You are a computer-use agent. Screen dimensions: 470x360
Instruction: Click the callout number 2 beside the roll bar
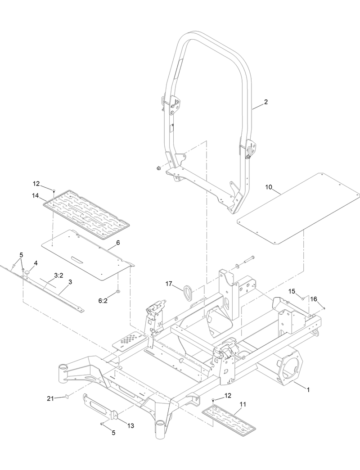[265, 102]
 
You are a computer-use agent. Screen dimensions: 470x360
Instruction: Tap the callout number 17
[169, 284]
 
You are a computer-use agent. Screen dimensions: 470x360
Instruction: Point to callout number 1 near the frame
[308, 389]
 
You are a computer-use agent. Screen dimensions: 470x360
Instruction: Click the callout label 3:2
[58, 275]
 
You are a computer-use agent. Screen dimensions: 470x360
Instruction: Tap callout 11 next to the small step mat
[242, 404]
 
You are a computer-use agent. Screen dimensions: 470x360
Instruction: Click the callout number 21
[51, 398]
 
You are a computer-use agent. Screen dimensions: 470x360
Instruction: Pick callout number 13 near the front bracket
[131, 425]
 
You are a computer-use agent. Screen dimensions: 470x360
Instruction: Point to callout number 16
[314, 299]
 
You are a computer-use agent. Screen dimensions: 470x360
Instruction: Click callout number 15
[292, 291]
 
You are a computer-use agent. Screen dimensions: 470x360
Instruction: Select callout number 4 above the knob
[36, 262]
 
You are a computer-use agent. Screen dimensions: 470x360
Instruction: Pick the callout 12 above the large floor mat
[36, 183]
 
